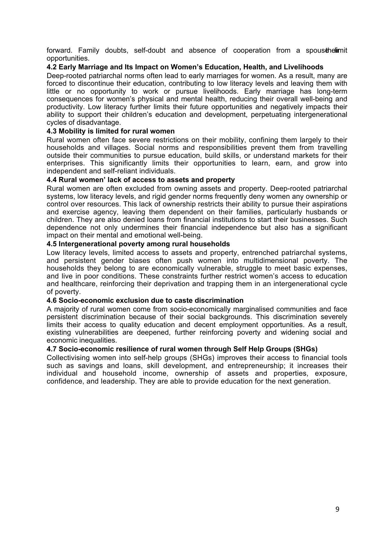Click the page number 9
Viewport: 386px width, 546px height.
click(x=337, y=509)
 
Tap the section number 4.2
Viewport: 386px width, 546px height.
click(x=52, y=67)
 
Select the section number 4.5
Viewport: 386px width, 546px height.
click(x=52, y=244)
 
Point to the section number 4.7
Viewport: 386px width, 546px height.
click(x=52, y=349)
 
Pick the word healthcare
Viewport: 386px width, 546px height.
click(x=78, y=284)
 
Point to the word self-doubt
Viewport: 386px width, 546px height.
click(x=150, y=51)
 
